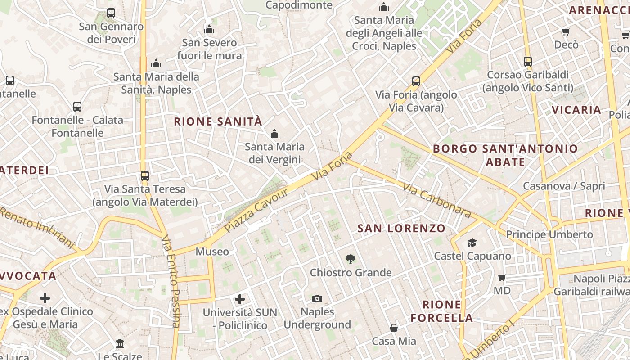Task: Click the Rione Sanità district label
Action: click(x=218, y=121)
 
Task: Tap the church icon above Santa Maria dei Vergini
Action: click(x=274, y=134)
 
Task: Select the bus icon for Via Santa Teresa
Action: click(x=144, y=175)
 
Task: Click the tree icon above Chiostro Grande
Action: click(x=350, y=259)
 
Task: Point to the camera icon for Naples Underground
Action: click(x=317, y=298)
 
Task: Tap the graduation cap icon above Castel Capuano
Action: click(x=472, y=243)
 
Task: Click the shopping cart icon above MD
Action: click(x=502, y=277)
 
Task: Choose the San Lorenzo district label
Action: click(x=401, y=229)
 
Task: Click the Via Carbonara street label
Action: click(x=436, y=199)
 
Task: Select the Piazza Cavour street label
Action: click(x=256, y=211)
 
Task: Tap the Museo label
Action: click(x=212, y=252)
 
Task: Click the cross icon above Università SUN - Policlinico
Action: click(x=240, y=299)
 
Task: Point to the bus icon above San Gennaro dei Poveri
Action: click(x=111, y=13)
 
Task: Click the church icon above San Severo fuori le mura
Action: click(x=209, y=30)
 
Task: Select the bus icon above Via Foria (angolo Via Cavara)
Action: click(x=416, y=81)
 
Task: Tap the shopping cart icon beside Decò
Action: click(x=566, y=31)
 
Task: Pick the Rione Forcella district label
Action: click(x=441, y=311)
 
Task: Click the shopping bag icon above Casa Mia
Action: click(x=394, y=328)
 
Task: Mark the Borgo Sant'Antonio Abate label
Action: click(x=505, y=155)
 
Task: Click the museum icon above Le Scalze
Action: click(x=120, y=344)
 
